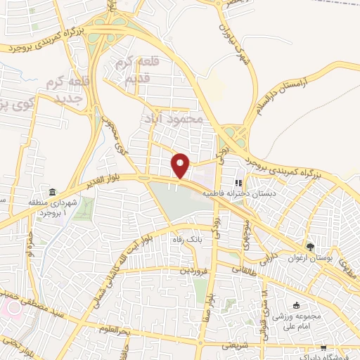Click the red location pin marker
point(181,166)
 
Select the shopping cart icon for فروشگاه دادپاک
point(323,347)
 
